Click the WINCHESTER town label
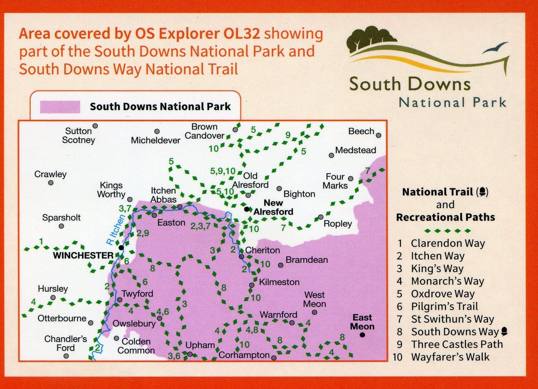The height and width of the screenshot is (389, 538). [83, 256]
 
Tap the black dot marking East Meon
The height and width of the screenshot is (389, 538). [363, 335]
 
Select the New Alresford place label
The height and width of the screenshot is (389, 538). [273, 207]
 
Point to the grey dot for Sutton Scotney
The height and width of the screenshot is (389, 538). [95, 126]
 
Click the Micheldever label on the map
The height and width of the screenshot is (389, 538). [155, 140]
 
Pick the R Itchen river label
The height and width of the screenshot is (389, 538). [116, 230]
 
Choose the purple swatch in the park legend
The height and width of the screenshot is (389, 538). [60, 107]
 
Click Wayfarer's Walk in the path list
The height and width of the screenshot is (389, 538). [450, 357]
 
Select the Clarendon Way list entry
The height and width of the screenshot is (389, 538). [448, 243]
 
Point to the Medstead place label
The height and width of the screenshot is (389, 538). [355, 150]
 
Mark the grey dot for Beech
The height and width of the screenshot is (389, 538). [379, 135]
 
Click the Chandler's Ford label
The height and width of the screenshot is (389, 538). [66, 343]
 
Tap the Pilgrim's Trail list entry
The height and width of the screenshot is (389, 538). [444, 306]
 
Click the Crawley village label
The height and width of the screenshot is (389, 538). [50, 174]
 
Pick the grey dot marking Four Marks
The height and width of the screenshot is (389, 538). [351, 179]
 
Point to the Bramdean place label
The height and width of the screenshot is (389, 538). [307, 260]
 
